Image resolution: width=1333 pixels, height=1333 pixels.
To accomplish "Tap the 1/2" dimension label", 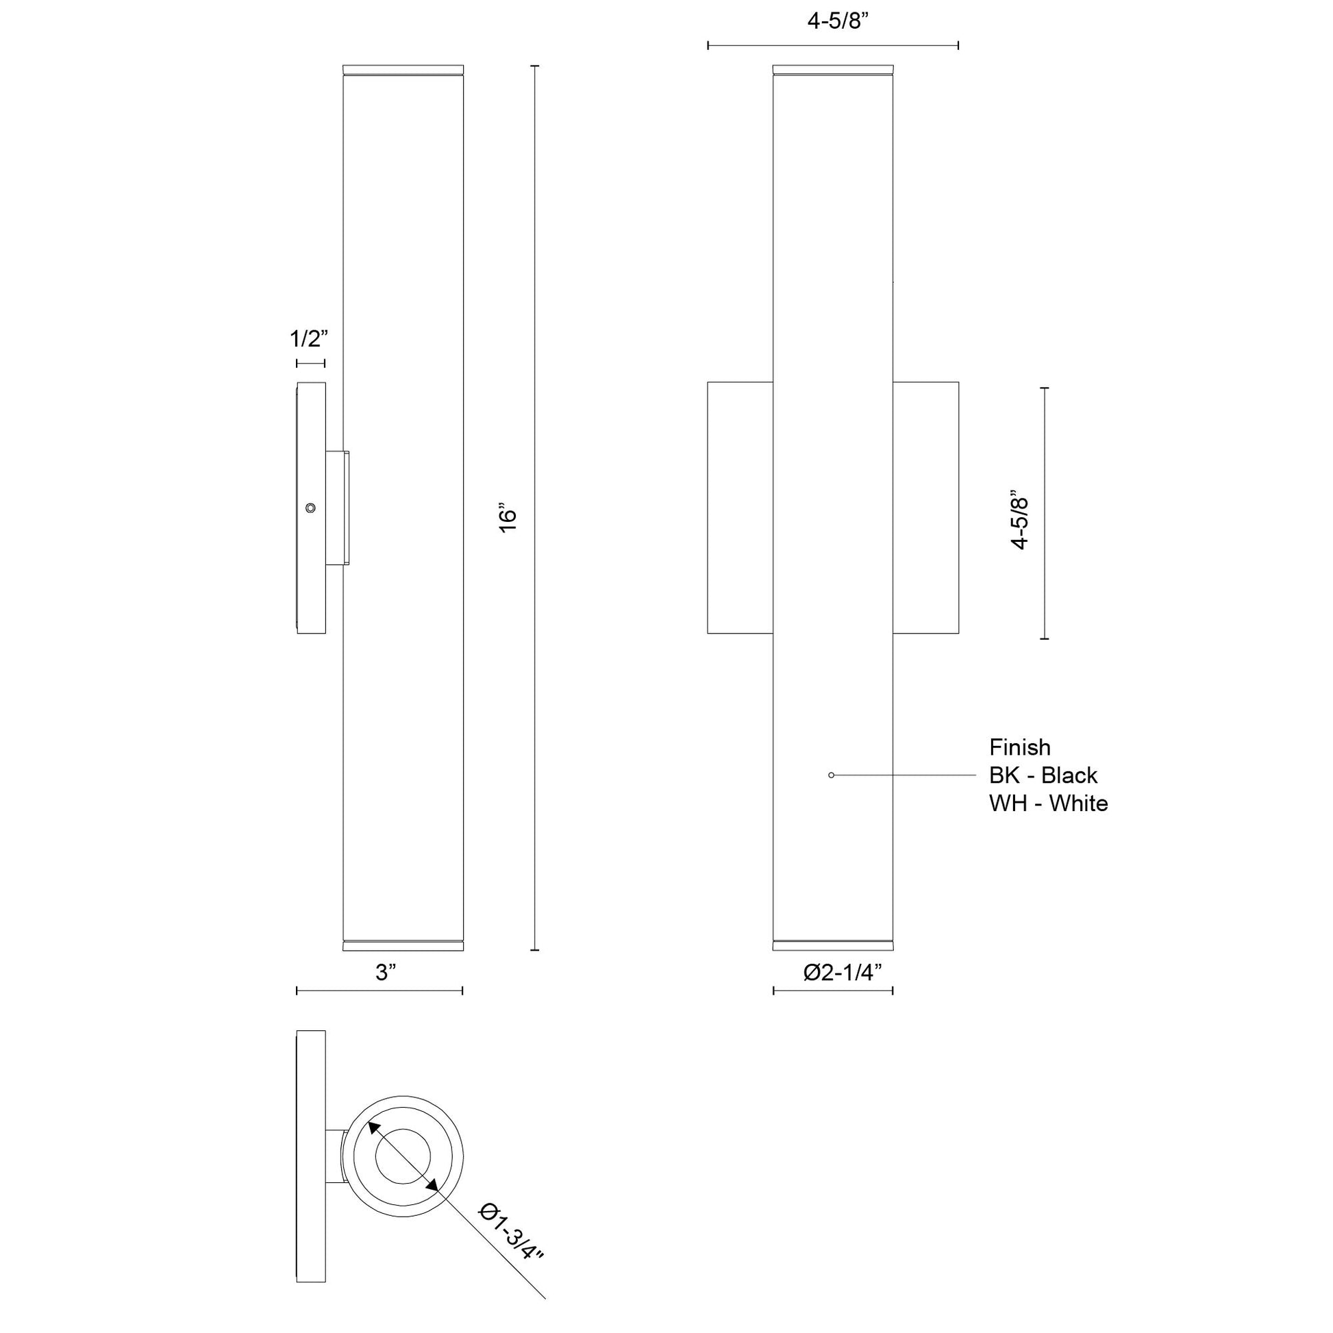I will pyautogui.click(x=308, y=339).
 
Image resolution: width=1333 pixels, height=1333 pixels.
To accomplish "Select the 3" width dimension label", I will pyautogui.click(x=386, y=972).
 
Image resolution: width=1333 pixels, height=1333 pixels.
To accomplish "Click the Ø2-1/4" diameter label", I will pyautogui.click(x=843, y=972).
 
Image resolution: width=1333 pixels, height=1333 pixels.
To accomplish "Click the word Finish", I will pyautogui.click(x=1020, y=747).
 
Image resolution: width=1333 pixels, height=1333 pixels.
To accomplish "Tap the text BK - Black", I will pyautogui.click(x=1043, y=775).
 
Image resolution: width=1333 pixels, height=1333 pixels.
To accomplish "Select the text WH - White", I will pyautogui.click(x=1048, y=803).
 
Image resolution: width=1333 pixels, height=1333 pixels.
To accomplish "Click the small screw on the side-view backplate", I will pyautogui.click(x=311, y=508).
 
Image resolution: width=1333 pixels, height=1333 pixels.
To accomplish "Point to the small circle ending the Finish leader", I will pyautogui.click(x=832, y=775).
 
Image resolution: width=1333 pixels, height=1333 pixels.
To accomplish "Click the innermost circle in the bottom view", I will pyautogui.click(x=402, y=1157).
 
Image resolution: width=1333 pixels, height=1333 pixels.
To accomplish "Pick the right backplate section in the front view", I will pyautogui.click(x=925, y=507).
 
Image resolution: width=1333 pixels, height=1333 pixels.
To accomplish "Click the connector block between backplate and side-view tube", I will pyautogui.click(x=338, y=508).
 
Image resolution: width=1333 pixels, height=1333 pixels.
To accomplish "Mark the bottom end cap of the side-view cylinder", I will pyautogui.click(x=403, y=945).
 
